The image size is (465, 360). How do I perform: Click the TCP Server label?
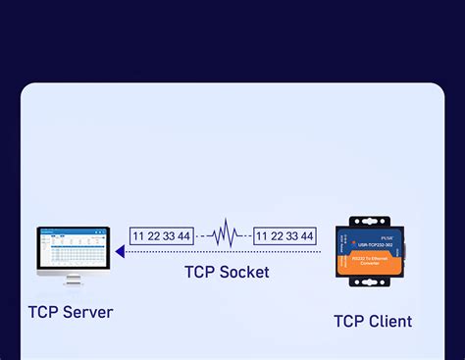(x=71, y=313)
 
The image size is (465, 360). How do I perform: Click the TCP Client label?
(x=373, y=321)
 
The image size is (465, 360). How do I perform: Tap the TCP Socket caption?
(x=228, y=272)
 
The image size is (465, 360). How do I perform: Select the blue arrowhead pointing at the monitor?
(x=120, y=252)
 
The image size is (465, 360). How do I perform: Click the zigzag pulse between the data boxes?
(x=225, y=235)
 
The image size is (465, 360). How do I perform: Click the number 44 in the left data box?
(x=183, y=236)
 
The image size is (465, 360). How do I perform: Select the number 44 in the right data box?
(x=305, y=236)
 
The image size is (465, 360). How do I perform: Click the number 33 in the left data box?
(x=170, y=236)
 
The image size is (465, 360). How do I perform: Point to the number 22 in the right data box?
(x=278, y=236)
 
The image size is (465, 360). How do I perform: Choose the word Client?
(x=389, y=321)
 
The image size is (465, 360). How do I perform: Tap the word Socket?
(x=244, y=272)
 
